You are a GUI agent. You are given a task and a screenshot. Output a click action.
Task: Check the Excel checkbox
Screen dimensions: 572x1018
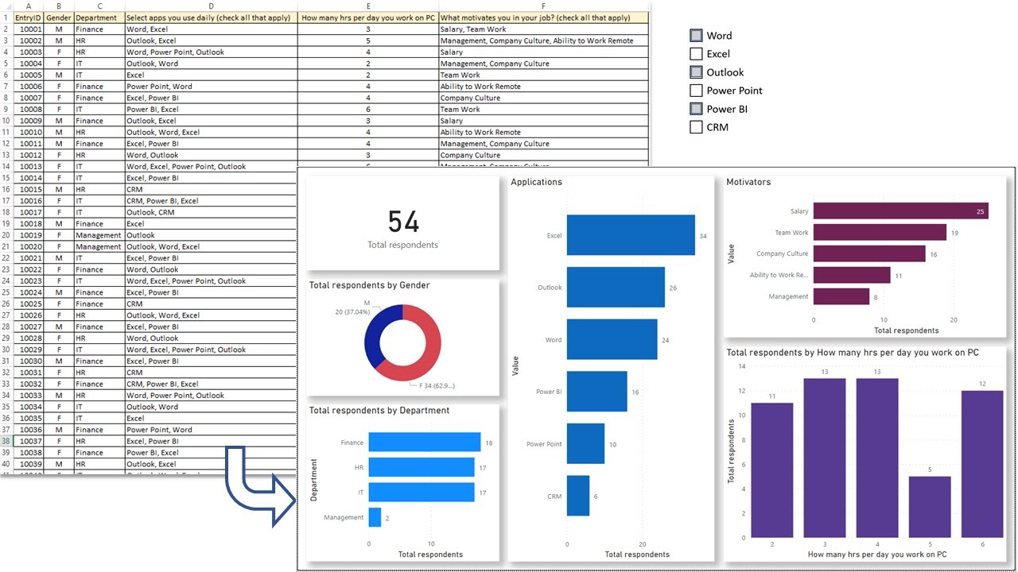coord(696,54)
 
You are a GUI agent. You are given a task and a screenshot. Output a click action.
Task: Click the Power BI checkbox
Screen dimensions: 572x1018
coord(696,109)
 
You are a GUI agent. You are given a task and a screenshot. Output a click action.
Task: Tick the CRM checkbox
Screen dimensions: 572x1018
coord(696,127)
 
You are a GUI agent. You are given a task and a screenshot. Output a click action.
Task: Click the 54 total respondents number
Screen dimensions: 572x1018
coord(403,222)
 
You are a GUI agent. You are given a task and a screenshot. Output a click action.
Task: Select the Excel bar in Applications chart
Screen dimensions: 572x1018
coord(631,235)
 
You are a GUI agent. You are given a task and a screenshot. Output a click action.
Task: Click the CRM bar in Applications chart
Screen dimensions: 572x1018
coord(578,496)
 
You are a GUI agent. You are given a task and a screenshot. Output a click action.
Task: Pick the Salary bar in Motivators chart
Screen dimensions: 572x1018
coord(900,211)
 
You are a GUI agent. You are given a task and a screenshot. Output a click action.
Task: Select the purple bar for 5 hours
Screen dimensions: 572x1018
coord(930,506)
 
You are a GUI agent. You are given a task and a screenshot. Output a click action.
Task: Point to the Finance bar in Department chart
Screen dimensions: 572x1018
coord(425,443)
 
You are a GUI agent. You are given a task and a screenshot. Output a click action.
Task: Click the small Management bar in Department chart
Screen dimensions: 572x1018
coord(375,517)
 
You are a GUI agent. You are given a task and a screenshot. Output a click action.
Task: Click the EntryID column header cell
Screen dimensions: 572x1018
coord(28,17)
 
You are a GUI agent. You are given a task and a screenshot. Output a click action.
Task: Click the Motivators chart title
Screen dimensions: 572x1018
coord(748,182)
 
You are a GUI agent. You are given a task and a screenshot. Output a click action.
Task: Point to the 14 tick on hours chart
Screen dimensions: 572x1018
coord(741,366)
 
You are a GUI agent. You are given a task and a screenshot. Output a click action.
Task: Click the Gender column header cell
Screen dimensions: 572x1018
coord(59,17)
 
